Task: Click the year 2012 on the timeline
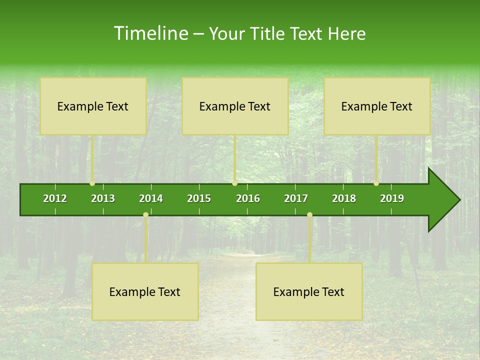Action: tap(55, 198)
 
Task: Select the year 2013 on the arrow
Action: tap(103, 198)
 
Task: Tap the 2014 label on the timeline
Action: tap(151, 198)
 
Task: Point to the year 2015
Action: tap(199, 198)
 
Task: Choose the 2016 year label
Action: tap(248, 198)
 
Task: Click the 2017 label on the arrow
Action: tap(296, 198)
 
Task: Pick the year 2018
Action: tap(344, 198)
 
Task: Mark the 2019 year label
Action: tap(392, 198)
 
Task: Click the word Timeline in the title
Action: tap(150, 33)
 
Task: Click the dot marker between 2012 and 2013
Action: tap(92, 183)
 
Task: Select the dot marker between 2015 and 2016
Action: tap(234, 183)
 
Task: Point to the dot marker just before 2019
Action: tap(376, 183)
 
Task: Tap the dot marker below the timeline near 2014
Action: tap(145, 215)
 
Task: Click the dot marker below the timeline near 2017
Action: tap(309, 215)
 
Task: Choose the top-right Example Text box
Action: tap(377, 106)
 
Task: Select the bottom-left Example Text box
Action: tap(145, 291)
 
